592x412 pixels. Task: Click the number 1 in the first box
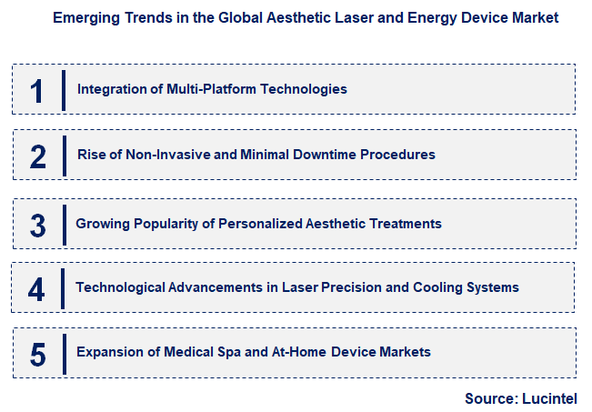pos(36,89)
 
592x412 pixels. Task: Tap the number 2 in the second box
pos(37,156)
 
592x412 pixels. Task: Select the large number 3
pos(37,223)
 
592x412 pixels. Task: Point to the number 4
pos(36,288)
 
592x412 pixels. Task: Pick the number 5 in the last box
pos(37,353)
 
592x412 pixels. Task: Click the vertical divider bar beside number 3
pos(64,223)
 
